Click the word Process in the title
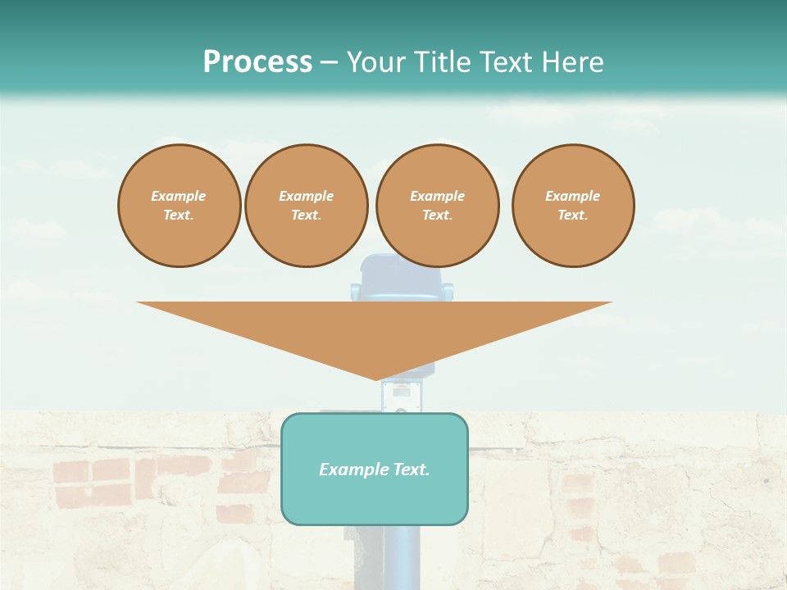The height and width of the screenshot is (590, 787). (x=257, y=62)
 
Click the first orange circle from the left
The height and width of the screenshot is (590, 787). (x=179, y=206)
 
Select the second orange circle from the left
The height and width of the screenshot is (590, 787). (x=306, y=206)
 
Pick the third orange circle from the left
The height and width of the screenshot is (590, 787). (x=437, y=206)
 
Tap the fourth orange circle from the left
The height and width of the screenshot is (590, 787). (x=573, y=206)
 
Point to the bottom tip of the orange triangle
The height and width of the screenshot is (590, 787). (x=376, y=379)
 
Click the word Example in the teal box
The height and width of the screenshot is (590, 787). (x=353, y=470)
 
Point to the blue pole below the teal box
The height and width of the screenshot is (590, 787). (x=375, y=557)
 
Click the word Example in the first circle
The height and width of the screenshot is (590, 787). (x=179, y=196)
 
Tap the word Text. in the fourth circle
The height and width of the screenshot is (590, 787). (x=573, y=216)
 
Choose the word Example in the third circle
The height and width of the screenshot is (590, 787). (x=437, y=196)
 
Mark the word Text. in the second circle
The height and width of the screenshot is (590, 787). (x=306, y=216)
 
